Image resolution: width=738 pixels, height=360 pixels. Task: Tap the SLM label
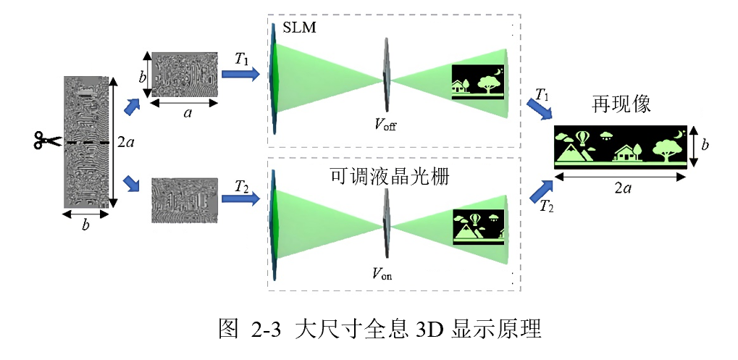pyautogui.click(x=298, y=28)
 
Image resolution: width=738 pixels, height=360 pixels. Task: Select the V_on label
pyautogui.click(x=384, y=273)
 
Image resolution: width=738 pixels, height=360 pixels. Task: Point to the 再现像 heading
pyautogui.click(x=621, y=105)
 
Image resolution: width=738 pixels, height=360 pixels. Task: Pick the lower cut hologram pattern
pyautogui.click(x=184, y=200)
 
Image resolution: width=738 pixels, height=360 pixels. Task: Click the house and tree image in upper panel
pyautogui.click(x=479, y=82)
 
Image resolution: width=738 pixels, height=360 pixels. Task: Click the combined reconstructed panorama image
pyautogui.click(x=620, y=147)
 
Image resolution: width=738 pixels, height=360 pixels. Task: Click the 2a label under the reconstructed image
pyautogui.click(x=621, y=189)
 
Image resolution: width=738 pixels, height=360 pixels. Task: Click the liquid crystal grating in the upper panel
pyautogui.click(x=385, y=72)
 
